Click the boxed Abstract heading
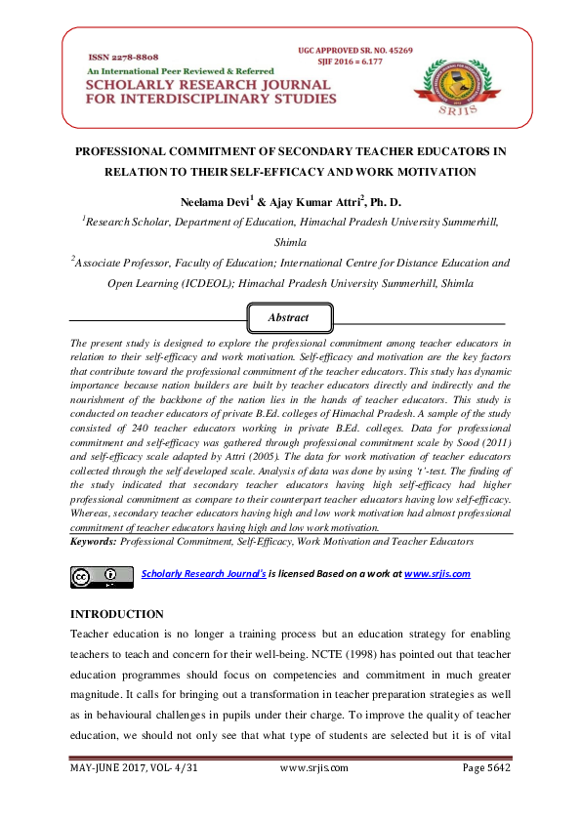tap(290, 317)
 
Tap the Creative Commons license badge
tap(102, 576)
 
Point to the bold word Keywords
tap(94, 540)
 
